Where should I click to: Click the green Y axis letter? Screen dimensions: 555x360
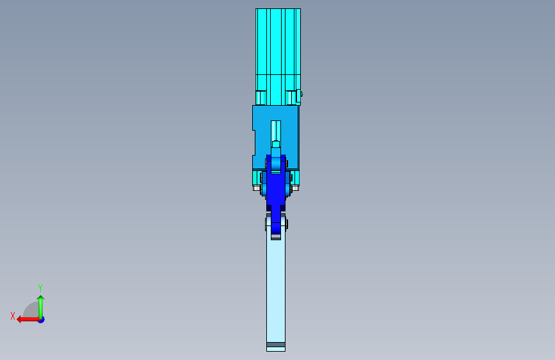[40, 288]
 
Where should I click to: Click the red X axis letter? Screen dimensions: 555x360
[13, 316]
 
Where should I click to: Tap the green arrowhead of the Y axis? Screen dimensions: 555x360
[41, 299]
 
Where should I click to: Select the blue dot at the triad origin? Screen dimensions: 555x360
[42, 320]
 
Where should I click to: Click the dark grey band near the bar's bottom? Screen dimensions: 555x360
[276, 345]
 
